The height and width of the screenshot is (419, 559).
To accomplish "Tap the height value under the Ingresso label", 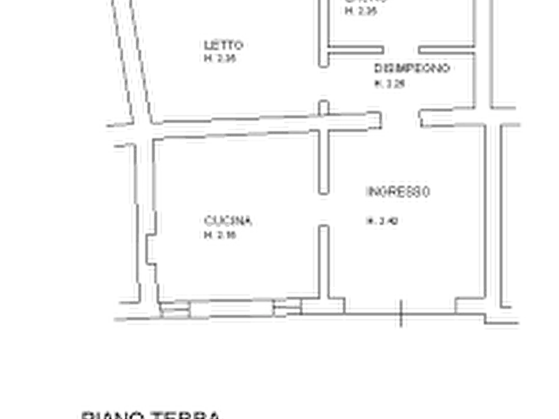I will pos(382,221).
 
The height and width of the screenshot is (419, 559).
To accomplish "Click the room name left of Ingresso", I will pos(228,220).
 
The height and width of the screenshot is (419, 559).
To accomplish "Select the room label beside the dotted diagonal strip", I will pos(223,45).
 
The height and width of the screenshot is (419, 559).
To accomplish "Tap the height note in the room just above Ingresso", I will pos(391,84).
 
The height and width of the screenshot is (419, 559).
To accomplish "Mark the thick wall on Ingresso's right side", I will pos(493,213).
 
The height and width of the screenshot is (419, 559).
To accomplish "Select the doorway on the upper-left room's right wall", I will pos(323,81).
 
